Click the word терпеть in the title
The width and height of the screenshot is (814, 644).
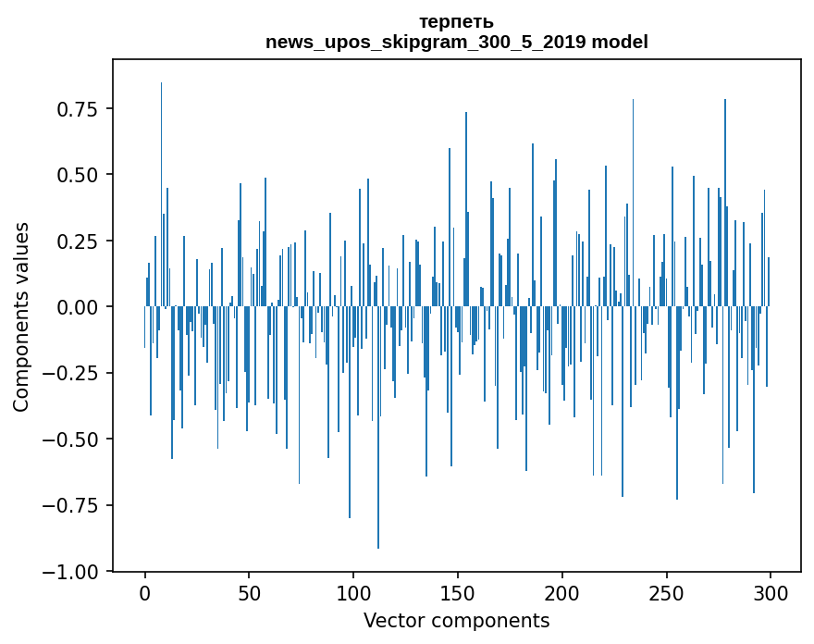coord(456,22)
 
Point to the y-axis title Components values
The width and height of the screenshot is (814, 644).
coord(21,316)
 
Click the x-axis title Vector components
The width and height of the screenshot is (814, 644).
coord(456,621)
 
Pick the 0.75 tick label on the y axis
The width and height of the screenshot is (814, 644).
coord(78,109)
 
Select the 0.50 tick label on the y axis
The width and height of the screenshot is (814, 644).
coord(78,175)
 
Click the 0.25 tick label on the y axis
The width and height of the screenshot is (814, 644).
coord(78,241)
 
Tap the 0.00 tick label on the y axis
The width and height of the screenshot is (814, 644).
coord(78,307)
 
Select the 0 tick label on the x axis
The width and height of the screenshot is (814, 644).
coord(145,594)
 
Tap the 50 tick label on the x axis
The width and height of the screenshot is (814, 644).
coord(250,594)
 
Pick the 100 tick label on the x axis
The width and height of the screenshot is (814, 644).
coord(354,594)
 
